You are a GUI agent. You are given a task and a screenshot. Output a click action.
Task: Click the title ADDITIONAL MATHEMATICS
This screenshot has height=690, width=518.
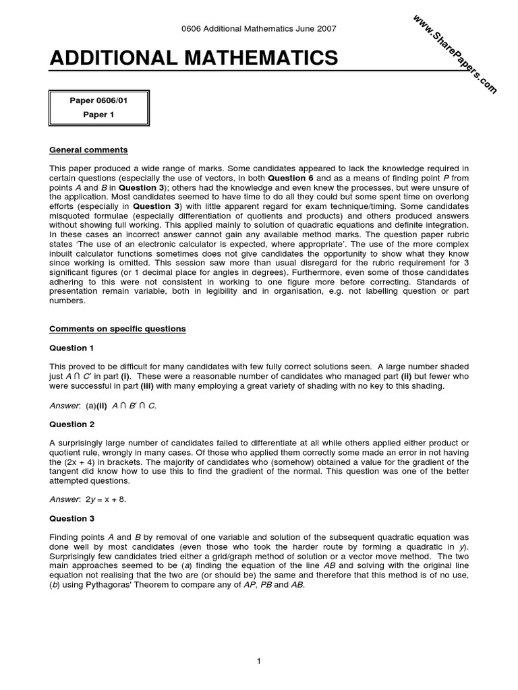coord(194,59)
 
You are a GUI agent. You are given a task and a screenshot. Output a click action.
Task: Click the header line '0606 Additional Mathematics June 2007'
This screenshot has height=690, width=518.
coord(259,29)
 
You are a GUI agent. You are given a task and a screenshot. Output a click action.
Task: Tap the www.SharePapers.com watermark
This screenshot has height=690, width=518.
coord(453,54)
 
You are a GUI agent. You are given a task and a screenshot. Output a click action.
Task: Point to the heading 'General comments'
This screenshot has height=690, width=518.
coord(88,150)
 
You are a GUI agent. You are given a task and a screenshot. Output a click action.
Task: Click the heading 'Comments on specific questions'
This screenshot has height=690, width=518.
coord(118,329)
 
